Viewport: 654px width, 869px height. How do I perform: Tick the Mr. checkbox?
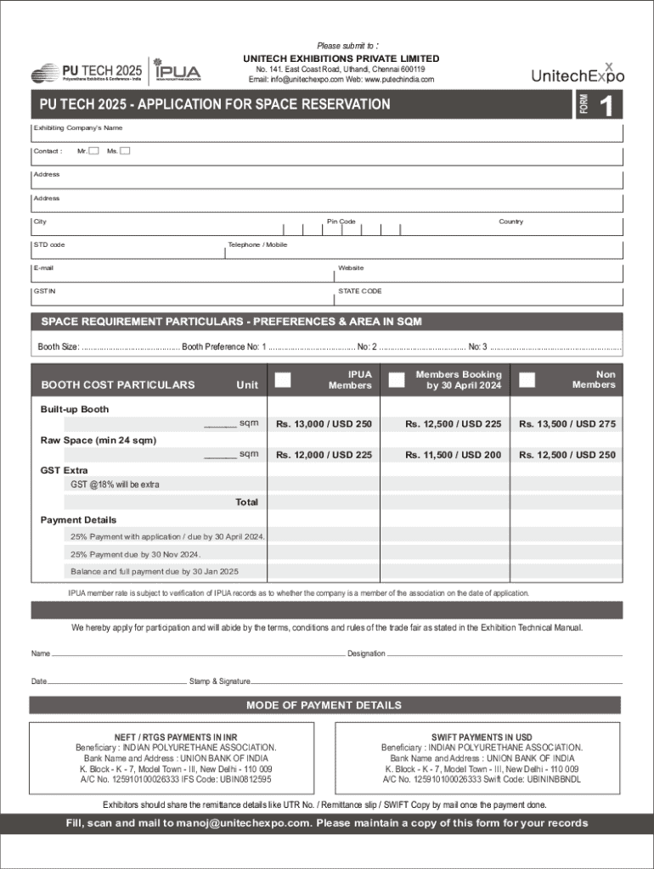coord(93,151)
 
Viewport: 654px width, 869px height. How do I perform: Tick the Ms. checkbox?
coord(125,151)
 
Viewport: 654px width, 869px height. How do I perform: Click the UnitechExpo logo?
coord(578,74)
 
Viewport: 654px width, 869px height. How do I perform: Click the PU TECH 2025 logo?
coord(87,72)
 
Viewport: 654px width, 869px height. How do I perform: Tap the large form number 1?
coord(606,106)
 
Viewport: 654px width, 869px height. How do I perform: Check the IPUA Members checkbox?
coord(284,379)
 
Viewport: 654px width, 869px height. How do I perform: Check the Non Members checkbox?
coord(527,379)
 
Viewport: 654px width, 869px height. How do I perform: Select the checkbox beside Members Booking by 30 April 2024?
coord(396,379)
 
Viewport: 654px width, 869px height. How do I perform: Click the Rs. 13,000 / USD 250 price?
coord(324,424)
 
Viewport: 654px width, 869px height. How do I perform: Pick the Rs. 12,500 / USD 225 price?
coord(453,424)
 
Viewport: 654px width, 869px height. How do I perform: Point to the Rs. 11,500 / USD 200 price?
coord(453,455)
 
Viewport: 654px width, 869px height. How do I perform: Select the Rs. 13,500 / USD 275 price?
coord(567,424)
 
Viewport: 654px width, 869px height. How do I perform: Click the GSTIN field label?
coord(44,291)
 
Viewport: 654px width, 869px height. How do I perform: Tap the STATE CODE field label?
coord(359,291)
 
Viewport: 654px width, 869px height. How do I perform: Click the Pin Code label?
coord(341,221)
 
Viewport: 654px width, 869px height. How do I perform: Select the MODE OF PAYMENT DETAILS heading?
coord(324,705)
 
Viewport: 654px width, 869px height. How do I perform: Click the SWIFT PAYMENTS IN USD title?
coord(482,737)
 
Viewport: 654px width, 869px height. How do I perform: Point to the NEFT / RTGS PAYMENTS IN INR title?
coord(176,737)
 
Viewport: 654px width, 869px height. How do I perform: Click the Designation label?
coord(366,653)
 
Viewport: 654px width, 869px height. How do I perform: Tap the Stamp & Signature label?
coord(219,681)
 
